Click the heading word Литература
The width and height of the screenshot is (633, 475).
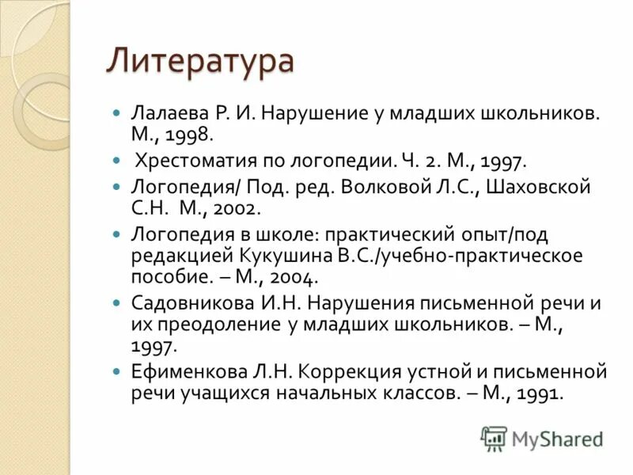(200, 61)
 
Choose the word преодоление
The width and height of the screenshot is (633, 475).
(217, 325)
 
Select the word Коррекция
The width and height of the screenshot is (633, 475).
(324, 372)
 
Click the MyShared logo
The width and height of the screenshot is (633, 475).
(541, 439)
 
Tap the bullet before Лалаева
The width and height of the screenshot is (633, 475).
(116, 114)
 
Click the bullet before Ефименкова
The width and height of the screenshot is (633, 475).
(116, 372)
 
